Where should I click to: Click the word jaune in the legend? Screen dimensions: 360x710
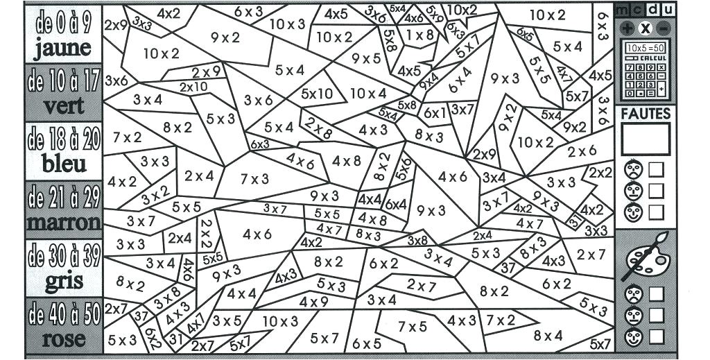(x=62, y=48)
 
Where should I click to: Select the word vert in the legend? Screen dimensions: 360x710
(x=63, y=106)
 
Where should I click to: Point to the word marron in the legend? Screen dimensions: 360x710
(x=63, y=223)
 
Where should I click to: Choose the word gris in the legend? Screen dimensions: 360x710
(x=63, y=281)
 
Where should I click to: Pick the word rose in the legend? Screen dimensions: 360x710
(x=64, y=339)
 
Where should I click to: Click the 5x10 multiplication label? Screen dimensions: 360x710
(x=317, y=94)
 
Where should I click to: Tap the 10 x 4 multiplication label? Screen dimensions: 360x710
(x=367, y=93)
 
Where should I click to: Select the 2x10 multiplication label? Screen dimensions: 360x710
(x=193, y=87)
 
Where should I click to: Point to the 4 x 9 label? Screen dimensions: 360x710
(x=313, y=302)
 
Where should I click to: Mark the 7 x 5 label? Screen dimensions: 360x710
(x=413, y=326)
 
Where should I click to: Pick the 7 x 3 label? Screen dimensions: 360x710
(x=254, y=179)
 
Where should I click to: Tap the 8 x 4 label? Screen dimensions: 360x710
(x=548, y=336)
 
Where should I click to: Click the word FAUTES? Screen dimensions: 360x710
(x=646, y=113)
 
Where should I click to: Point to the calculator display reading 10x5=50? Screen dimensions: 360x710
(x=645, y=47)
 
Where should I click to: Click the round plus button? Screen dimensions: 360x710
(x=627, y=28)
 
